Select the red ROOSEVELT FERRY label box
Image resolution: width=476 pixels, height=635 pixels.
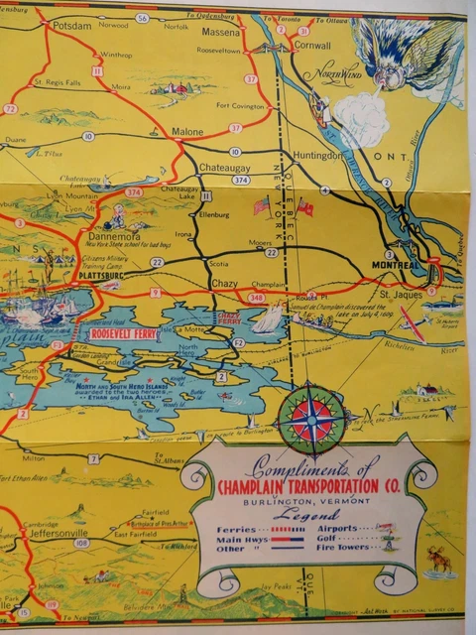click(123, 334)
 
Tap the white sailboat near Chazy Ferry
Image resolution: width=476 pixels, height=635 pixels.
click(266, 318)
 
